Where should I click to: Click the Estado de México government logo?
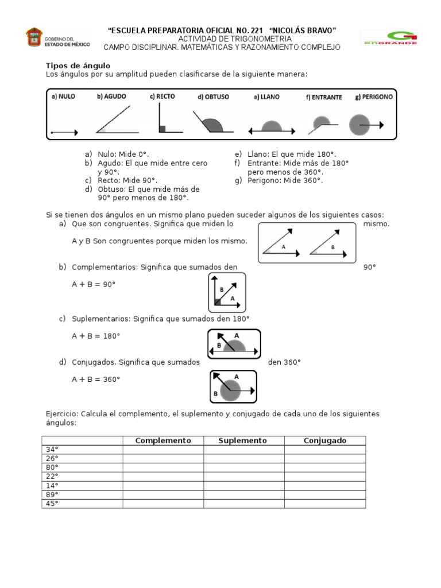pyautogui.click(x=57, y=37)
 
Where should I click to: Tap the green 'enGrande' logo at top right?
pyautogui.click(x=389, y=38)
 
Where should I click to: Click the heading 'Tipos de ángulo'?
pyautogui.click(x=78, y=66)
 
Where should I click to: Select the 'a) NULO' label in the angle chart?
pyautogui.click(x=63, y=96)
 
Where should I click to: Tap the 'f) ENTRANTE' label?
pyautogui.click(x=323, y=97)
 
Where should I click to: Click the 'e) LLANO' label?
pyautogui.click(x=266, y=97)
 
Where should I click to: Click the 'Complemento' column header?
pyautogui.click(x=163, y=440)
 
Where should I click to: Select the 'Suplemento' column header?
pyautogui.click(x=243, y=440)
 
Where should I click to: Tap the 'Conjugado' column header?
pyautogui.click(x=324, y=440)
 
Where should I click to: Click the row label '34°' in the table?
pyautogui.click(x=52, y=449)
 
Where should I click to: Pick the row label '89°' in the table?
pyautogui.click(x=52, y=494)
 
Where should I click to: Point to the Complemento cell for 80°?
pyautogui.click(x=163, y=467)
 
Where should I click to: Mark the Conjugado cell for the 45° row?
pyautogui.click(x=324, y=504)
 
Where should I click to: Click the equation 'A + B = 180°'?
pyautogui.click(x=96, y=336)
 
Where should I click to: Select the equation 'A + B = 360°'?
pyautogui.click(x=96, y=379)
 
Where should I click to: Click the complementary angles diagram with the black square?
pyautogui.click(x=227, y=292)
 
